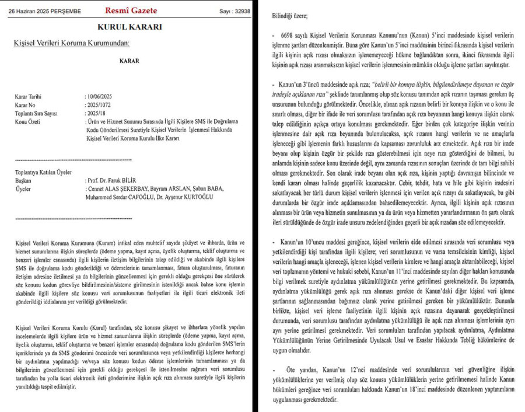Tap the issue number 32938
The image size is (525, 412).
click(242, 11)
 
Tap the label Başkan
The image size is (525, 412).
click(23, 181)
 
